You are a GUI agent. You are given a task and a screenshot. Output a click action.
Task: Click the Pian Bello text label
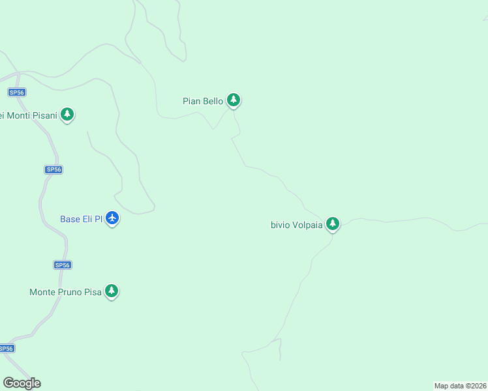click(x=202, y=101)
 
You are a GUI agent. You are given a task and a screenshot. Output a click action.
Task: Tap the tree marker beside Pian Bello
click(x=234, y=100)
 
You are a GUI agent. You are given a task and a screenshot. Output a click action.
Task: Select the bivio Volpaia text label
click(x=296, y=225)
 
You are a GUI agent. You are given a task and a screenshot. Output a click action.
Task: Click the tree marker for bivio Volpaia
click(x=333, y=224)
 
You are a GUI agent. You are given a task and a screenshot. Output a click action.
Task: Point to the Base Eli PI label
click(x=81, y=219)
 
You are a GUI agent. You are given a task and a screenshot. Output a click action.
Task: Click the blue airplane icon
click(x=112, y=218)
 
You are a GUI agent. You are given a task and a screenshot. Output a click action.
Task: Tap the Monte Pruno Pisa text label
click(x=65, y=292)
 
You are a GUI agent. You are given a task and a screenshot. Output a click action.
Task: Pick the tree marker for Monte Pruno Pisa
click(x=112, y=291)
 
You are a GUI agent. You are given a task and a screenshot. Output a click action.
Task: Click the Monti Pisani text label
click(x=28, y=116)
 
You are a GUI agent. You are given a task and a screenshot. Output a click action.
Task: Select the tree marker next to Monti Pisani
click(x=67, y=114)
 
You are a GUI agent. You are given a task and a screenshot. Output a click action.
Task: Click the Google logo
click(x=22, y=383)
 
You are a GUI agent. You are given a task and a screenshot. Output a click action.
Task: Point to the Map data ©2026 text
click(x=461, y=386)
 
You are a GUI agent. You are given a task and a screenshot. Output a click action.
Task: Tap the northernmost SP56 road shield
click(x=17, y=93)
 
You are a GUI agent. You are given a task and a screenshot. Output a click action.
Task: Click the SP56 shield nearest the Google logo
click(x=6, y=348)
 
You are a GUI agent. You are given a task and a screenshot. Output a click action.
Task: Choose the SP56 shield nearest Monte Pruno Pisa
click(x=63, y=265)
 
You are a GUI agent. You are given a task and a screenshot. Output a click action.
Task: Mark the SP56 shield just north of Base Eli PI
click(x=53, y=169)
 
